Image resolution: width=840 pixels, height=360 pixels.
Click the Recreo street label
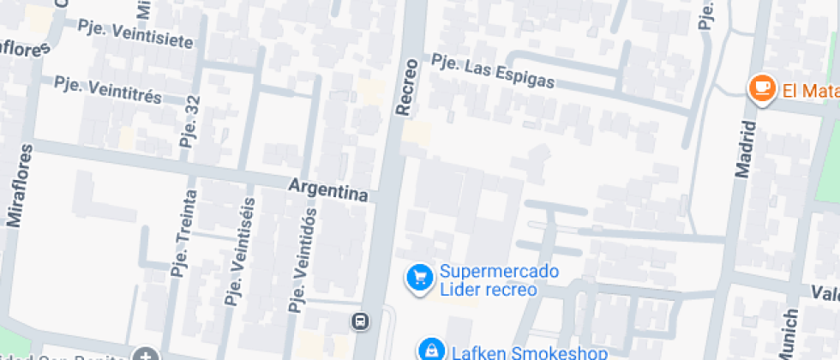407,87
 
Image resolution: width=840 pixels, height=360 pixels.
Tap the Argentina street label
328,189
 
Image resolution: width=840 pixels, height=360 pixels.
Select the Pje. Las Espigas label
493,71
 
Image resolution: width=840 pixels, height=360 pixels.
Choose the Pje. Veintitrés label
108,89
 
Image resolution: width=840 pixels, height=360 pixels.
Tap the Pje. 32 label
190,121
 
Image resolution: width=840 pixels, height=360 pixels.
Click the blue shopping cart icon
419,278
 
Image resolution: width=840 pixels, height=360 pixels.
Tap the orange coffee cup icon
760,87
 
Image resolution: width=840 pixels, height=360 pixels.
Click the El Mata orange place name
808,88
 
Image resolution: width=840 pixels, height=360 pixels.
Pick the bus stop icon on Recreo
361,321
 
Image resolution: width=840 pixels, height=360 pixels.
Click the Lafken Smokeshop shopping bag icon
430,349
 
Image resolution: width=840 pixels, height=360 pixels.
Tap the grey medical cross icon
147,355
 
